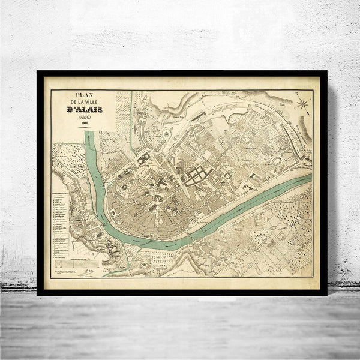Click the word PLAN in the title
tap(85, 95)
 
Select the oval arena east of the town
tap(277, 161)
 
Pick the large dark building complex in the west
tap(144, 160)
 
